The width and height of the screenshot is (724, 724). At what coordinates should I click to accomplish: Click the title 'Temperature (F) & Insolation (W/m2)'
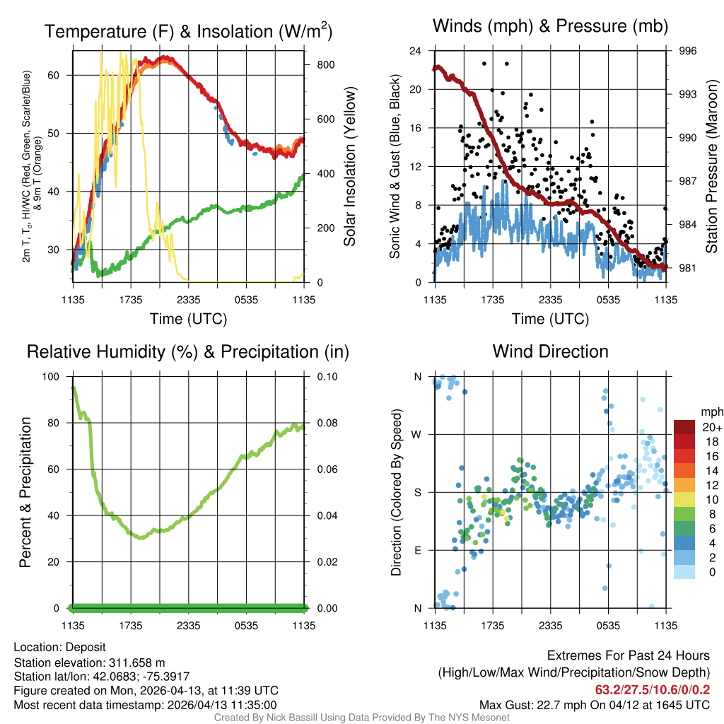[187, 31]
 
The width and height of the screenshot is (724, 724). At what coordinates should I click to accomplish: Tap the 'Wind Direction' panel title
[550, 351]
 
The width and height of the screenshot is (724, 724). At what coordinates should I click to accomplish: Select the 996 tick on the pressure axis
[688, 51]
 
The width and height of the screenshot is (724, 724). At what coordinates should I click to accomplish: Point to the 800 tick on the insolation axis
[325, 64]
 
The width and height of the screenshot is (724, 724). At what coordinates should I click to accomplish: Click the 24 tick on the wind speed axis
[416, 51]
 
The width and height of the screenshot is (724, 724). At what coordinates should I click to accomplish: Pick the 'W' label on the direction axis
[417, 434]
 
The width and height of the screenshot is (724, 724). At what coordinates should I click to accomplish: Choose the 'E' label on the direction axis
[417, 550]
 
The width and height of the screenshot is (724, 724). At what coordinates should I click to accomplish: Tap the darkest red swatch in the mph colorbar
[684, 428]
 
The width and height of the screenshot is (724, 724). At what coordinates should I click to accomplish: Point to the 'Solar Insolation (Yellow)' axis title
[349, 167]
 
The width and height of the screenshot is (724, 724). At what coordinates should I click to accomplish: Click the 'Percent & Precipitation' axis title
[25, 492]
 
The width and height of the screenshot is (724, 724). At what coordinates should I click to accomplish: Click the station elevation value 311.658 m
[136, 662]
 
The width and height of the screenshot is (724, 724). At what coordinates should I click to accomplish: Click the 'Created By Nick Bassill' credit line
[361, 718]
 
